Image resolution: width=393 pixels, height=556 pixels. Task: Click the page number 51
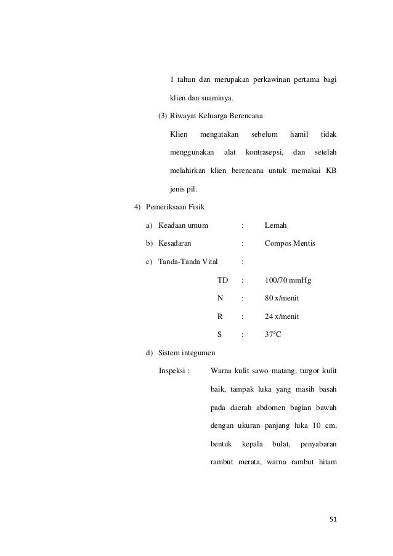pos(333,519)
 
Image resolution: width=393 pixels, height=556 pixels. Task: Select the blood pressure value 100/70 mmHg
pos(288,281)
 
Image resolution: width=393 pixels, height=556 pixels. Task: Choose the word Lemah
pos(275,225)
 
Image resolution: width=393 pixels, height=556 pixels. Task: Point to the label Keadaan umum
pos(183,225)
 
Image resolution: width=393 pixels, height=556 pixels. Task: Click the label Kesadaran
pos(174,244)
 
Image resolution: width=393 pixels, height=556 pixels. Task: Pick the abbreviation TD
pos(222,281)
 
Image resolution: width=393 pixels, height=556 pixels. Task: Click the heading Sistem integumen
pos(187,353)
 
